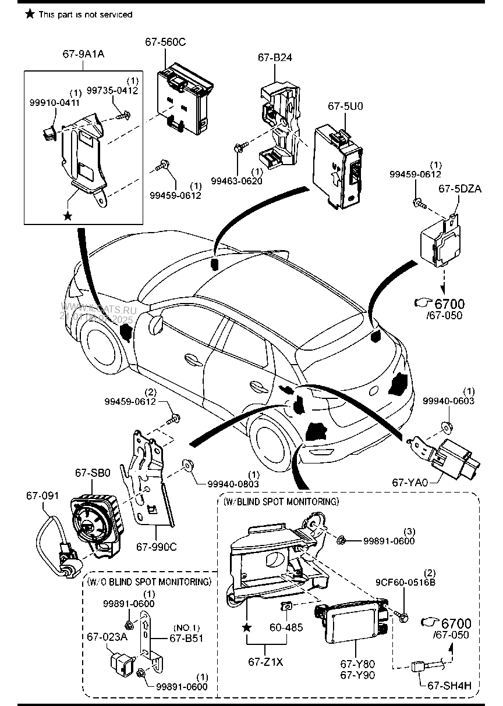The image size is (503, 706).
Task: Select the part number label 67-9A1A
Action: [83, 55]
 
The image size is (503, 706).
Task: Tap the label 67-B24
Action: [275, 58]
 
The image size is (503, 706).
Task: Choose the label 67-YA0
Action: [410, 482]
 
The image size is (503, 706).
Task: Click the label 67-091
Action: [42, 495]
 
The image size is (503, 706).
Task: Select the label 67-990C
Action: [156, 546]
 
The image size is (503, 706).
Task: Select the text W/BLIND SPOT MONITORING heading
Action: [281, 501]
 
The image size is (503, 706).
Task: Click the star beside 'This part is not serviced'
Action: [30, 14]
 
